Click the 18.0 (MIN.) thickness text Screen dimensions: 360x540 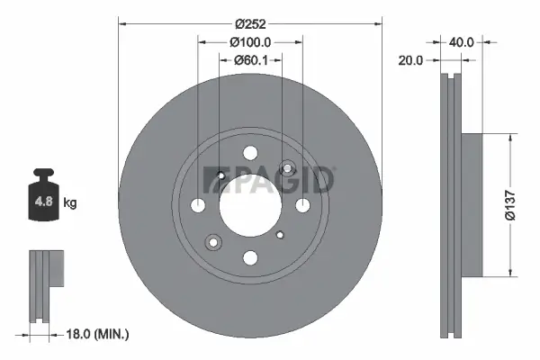pos(98,334)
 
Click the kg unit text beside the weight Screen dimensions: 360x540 pos(71,202)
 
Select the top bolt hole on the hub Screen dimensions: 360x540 pos(250,153)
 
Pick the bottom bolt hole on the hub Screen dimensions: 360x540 pos(250,257)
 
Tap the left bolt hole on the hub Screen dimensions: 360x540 pos(198,205)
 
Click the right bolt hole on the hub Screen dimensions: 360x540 pos(302,205)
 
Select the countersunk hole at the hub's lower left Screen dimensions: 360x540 pos(214,241)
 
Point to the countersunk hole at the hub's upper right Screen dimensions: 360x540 pos(287,167)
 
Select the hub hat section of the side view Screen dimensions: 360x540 pos(473,205)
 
